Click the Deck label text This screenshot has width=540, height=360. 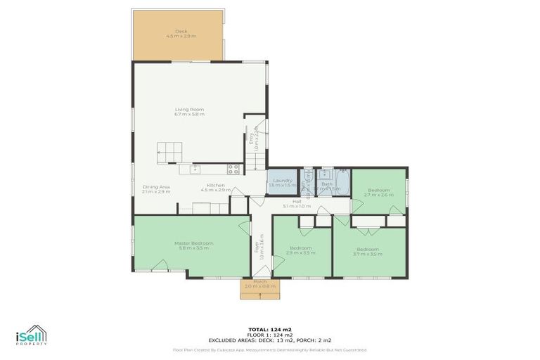tap(180, 33)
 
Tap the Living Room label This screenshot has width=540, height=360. tap(190, 111)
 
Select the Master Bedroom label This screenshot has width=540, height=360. tap(194, 245)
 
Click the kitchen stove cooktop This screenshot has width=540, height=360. tap(233, 168)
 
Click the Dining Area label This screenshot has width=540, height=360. tap(156, 188)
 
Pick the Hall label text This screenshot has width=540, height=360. tap(297, 203)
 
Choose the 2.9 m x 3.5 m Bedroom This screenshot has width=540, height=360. tap(301, 250)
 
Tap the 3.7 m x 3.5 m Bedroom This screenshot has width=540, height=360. tap(368, 250)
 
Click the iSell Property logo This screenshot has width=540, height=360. tap(32, 335)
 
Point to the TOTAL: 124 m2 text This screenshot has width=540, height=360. tap(270, 329)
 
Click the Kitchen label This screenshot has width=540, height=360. tap(216, 187)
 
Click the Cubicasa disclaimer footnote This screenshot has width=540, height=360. tap(270, 349)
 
